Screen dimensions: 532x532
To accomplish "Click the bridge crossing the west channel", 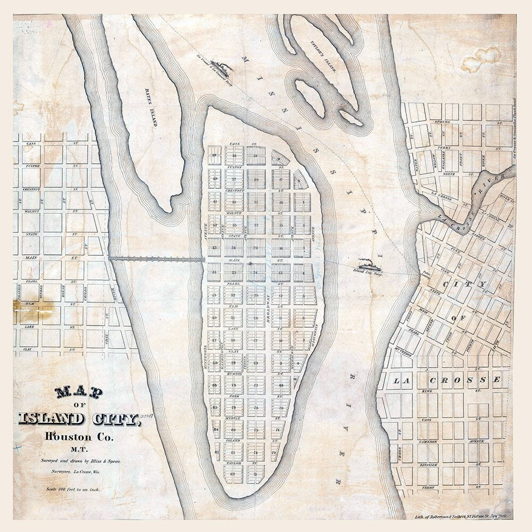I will [x=157, y=259].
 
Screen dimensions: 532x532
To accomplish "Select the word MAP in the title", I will [x=79, y=393].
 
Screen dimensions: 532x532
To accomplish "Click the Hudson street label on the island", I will [x=234, y=373].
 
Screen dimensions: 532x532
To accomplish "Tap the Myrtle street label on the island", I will [x=234, y=419].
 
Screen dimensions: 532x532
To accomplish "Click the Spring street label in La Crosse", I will [x=443, y=122].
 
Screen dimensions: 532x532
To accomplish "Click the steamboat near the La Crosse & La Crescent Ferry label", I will [x=221, y=68].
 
